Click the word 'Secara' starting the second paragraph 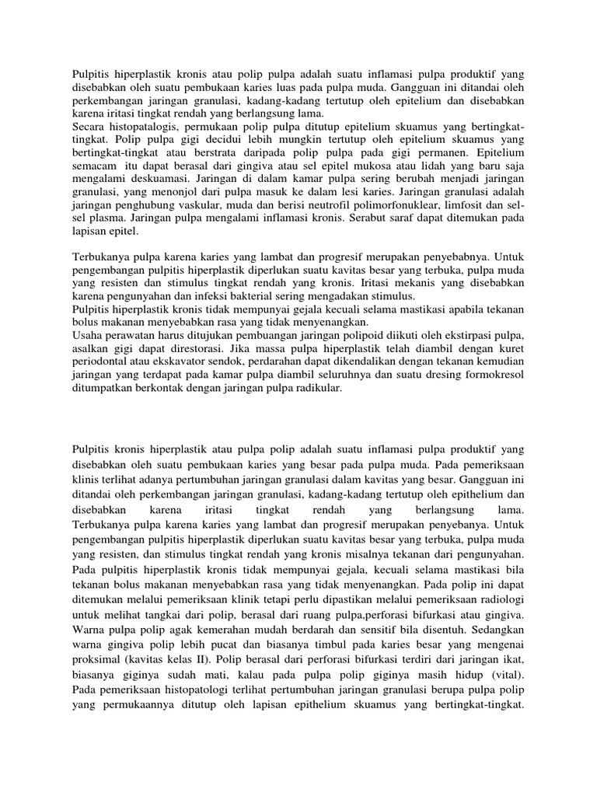pos(89,127)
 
